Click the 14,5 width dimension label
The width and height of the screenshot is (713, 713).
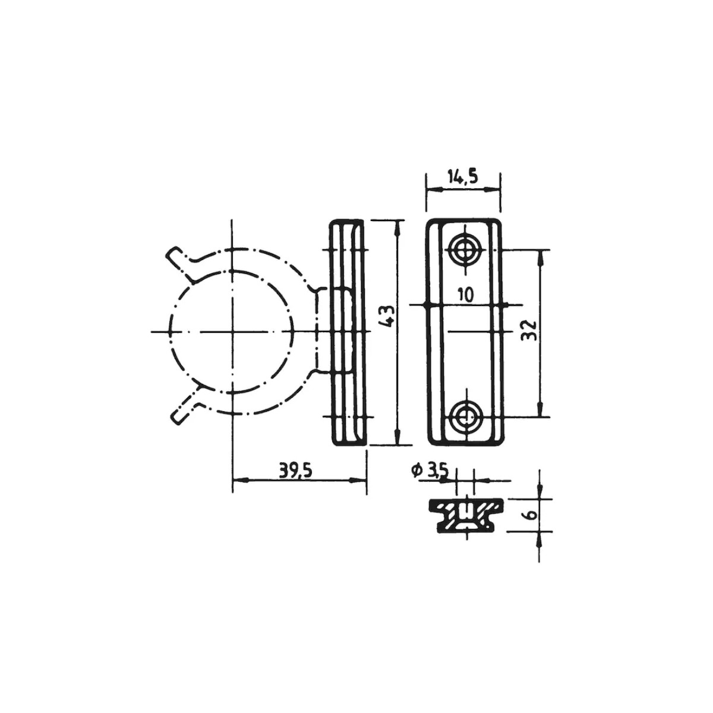point(462,177)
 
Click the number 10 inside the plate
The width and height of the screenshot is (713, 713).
point(465,295)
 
